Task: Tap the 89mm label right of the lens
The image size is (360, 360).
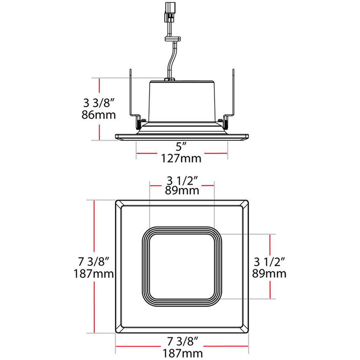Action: tap(269, 274)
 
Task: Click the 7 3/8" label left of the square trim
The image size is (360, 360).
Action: tap(93, 261)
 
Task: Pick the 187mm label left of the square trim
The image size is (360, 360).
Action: tap(93, 274)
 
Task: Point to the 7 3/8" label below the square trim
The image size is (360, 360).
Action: tap(182, 341)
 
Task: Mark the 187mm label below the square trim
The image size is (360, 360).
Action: tap(182, 353)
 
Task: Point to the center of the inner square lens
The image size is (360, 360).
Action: tap(182, 264)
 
